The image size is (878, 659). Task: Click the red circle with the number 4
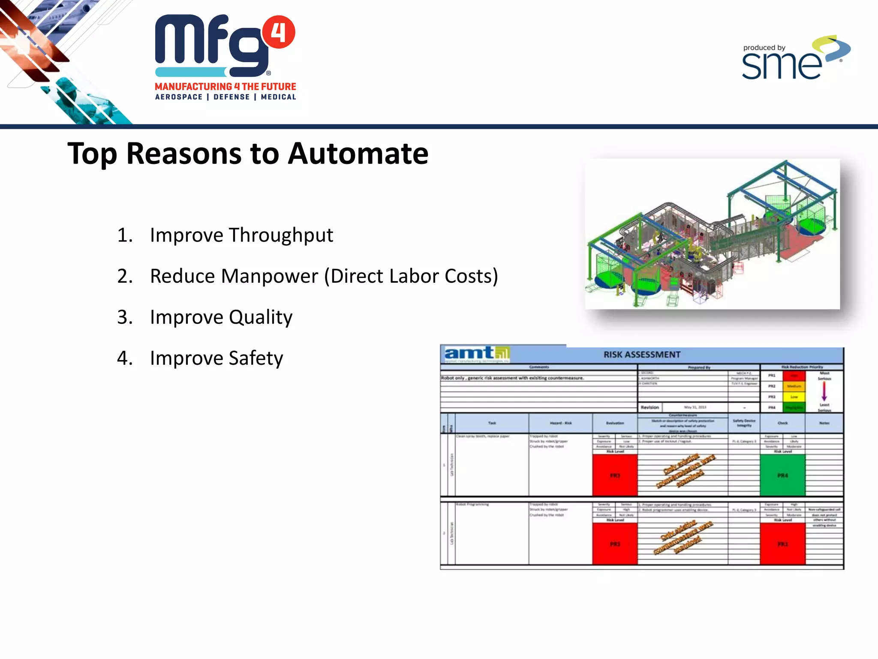(279, 32)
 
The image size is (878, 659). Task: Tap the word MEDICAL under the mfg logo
(278, 97)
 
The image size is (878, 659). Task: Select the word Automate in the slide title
(358, 154)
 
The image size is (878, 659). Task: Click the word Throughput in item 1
(281, 235)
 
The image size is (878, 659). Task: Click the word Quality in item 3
(260, 317)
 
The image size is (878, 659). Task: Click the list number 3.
(124, 317)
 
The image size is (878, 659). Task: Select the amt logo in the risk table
(476, 354)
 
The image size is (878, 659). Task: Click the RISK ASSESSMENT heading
(642, 354)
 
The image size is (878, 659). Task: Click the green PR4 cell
(782, 475)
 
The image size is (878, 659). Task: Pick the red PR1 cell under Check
(782, 544)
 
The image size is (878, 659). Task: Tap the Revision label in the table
(649, 407)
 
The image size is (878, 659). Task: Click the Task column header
(492, 423)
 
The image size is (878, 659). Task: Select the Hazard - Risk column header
(560, 423)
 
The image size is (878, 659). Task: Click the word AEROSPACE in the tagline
(179, 97)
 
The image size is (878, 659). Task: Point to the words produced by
(764, 48)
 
